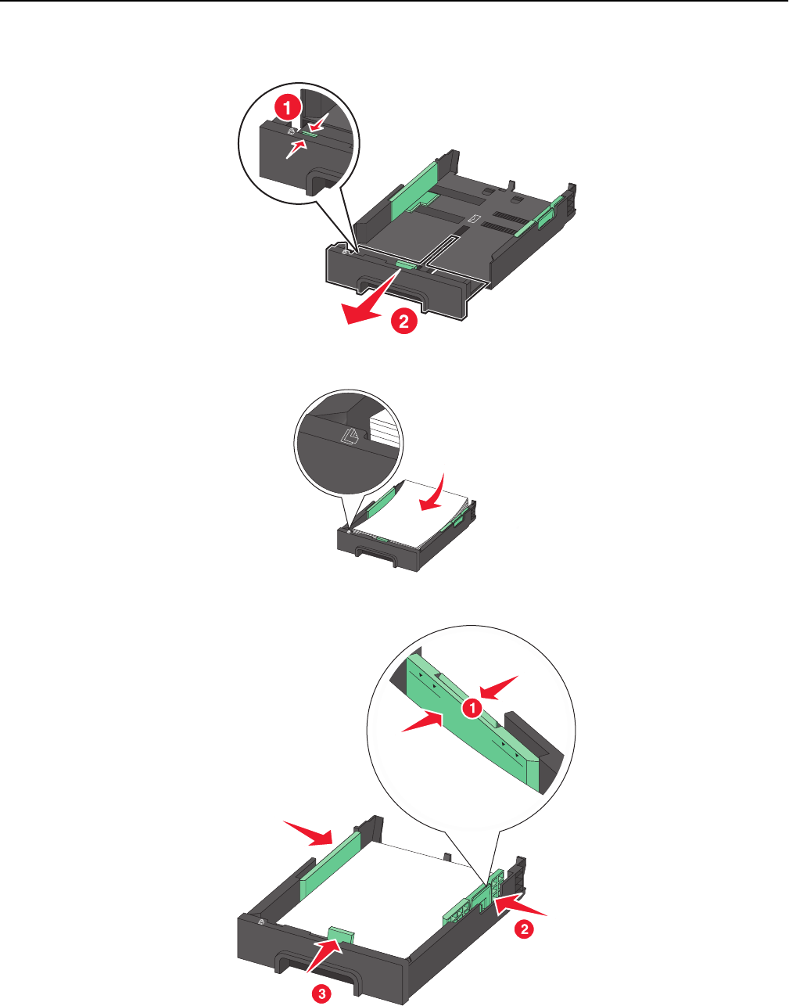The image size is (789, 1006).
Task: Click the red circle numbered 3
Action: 321,990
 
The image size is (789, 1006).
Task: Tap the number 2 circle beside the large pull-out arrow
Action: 404,321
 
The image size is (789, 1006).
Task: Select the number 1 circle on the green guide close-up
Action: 472,708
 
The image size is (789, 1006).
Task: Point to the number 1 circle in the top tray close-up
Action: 288,108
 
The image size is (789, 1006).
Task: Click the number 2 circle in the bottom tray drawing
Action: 524,929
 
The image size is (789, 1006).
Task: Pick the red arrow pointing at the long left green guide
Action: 310,833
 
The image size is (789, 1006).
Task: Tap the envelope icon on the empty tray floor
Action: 475,218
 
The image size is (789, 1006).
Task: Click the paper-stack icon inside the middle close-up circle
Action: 350,436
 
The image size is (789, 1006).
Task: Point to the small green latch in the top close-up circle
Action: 310,133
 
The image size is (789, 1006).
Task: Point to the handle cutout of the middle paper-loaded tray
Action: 375,554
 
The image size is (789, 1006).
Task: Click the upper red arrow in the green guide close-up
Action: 499,688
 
